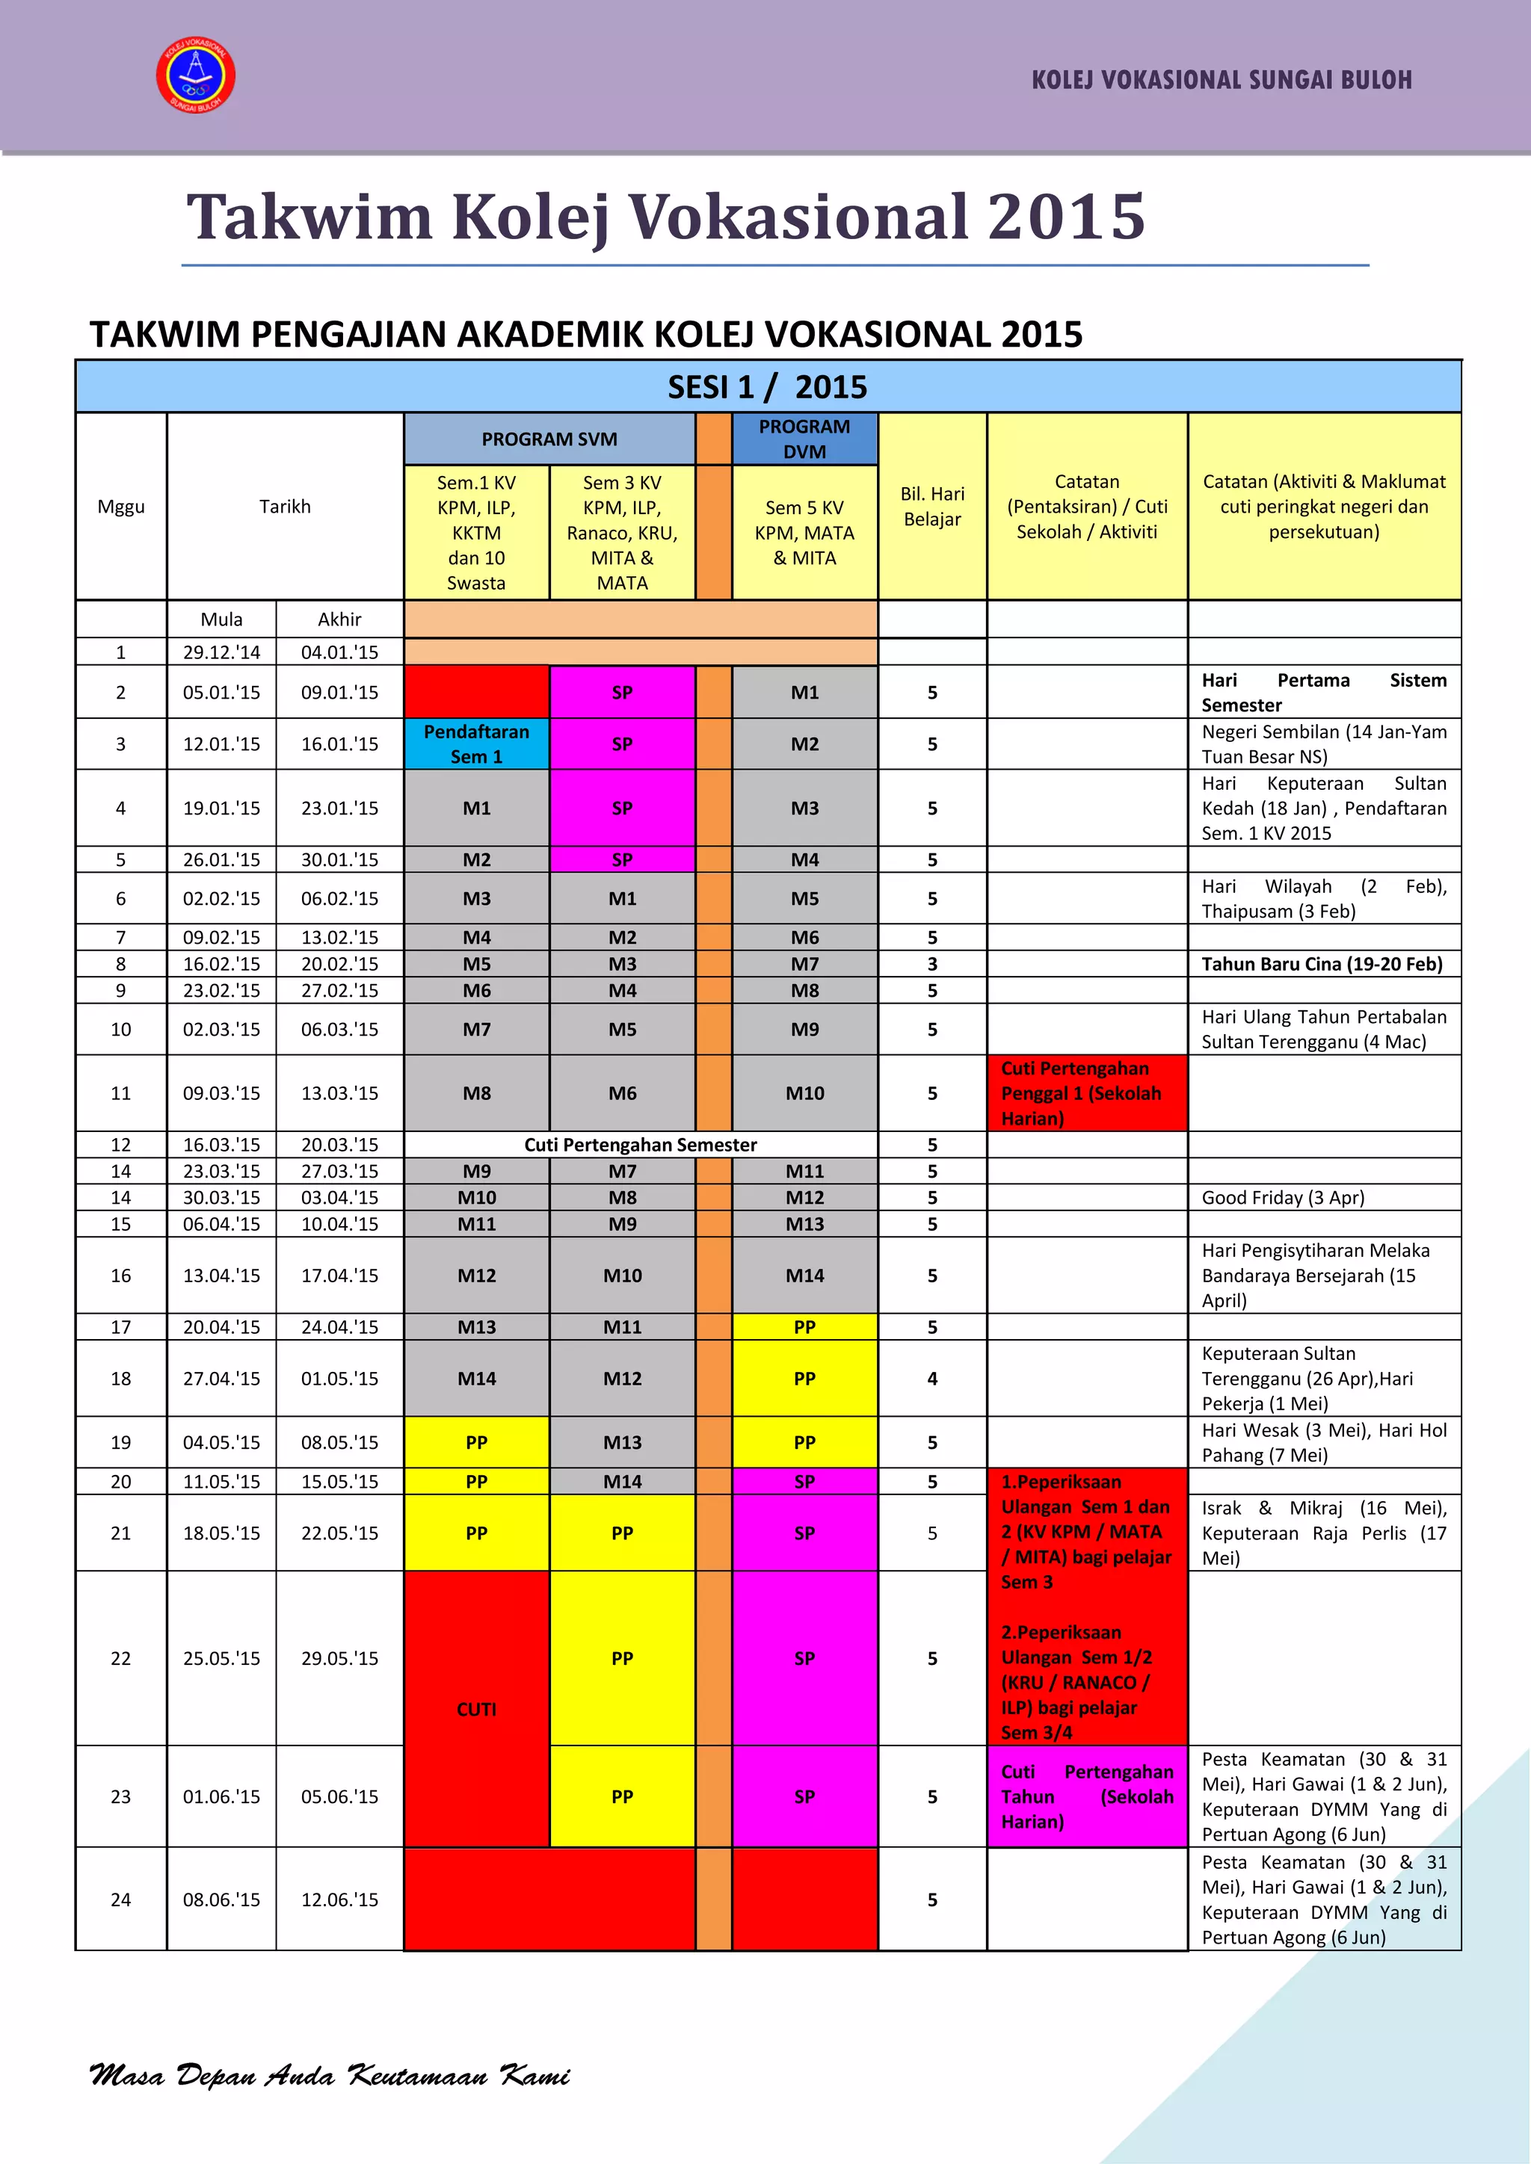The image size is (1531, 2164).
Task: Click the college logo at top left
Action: (195, 76)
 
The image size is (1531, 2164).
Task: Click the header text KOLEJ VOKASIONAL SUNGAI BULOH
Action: (1222, 80)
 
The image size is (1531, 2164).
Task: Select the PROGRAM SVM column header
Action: (549, 439)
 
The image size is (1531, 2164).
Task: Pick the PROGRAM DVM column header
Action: (804, 439)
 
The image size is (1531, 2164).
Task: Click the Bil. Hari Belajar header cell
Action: (931, 506)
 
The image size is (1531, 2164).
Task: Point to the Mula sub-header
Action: (221, 619)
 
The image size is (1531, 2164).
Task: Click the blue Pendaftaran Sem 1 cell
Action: (476, 744)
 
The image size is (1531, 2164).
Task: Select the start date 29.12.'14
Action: (221, 652)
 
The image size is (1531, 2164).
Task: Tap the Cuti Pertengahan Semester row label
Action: (640, 1144)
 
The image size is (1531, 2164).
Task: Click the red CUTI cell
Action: (476, 1709)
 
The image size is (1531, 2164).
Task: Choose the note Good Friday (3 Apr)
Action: (1282, 1197)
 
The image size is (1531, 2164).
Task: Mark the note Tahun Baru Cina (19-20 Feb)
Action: (1322, 963)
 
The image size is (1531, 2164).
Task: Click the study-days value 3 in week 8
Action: (931, 963)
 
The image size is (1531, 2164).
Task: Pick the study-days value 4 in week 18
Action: (931, 1378)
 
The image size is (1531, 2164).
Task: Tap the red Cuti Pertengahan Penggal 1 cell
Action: (1086, 1092)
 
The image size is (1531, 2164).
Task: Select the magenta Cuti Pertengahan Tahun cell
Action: (1086, 1796)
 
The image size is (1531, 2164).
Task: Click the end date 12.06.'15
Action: (339, 1899)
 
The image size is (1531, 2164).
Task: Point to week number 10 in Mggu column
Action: (120, 1029)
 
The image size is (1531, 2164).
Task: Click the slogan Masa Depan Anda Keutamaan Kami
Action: (330, 2074)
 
